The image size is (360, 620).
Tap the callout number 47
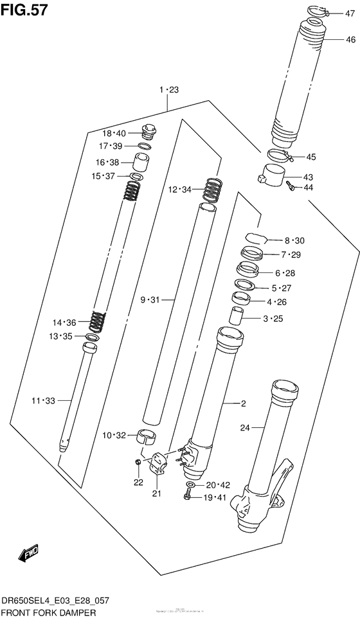349,13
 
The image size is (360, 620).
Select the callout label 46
350,40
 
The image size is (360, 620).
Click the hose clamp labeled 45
280,155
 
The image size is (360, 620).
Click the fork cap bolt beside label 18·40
148,132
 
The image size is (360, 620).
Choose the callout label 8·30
294,240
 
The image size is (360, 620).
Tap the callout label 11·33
43,401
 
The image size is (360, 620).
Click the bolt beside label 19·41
188,495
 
